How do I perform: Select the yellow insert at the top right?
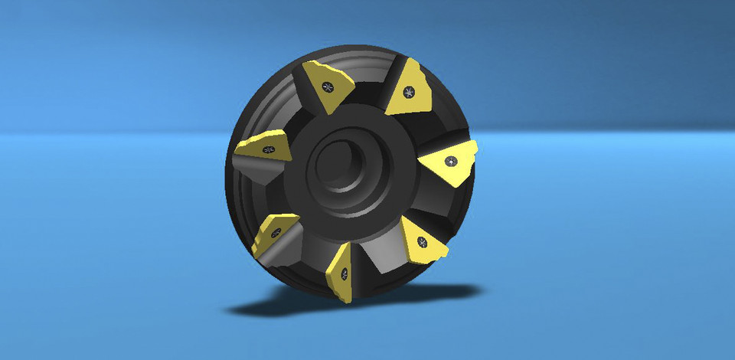(x=407, y=90)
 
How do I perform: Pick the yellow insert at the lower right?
(x=422, y=241)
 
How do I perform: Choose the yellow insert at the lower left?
(x=272, y=233)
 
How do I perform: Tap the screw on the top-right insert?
(x=409, y=93)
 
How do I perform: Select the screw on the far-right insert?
(x=452, y=162)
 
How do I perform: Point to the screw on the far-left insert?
(x=268, y=149)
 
